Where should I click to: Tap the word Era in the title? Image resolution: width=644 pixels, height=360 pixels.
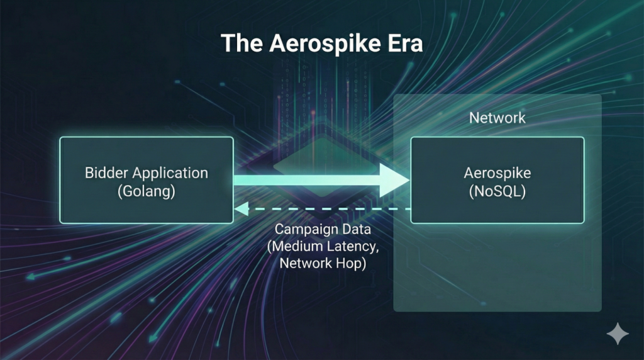point(406,45)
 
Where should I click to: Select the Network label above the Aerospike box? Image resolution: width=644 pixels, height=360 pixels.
point(497,118)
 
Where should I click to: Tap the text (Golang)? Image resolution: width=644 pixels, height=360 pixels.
point(147,192)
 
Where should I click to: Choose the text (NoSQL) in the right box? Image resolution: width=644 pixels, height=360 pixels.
point(497,192)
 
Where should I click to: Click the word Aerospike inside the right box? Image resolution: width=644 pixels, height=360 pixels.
point(497,172)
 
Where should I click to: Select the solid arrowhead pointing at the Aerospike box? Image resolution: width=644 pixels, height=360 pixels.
point(394,180)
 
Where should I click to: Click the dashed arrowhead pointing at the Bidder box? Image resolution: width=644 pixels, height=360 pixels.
point(239,209)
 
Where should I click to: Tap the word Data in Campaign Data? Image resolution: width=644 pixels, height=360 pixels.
point(355,229)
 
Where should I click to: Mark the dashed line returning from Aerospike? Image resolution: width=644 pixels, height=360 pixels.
point(327,209)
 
